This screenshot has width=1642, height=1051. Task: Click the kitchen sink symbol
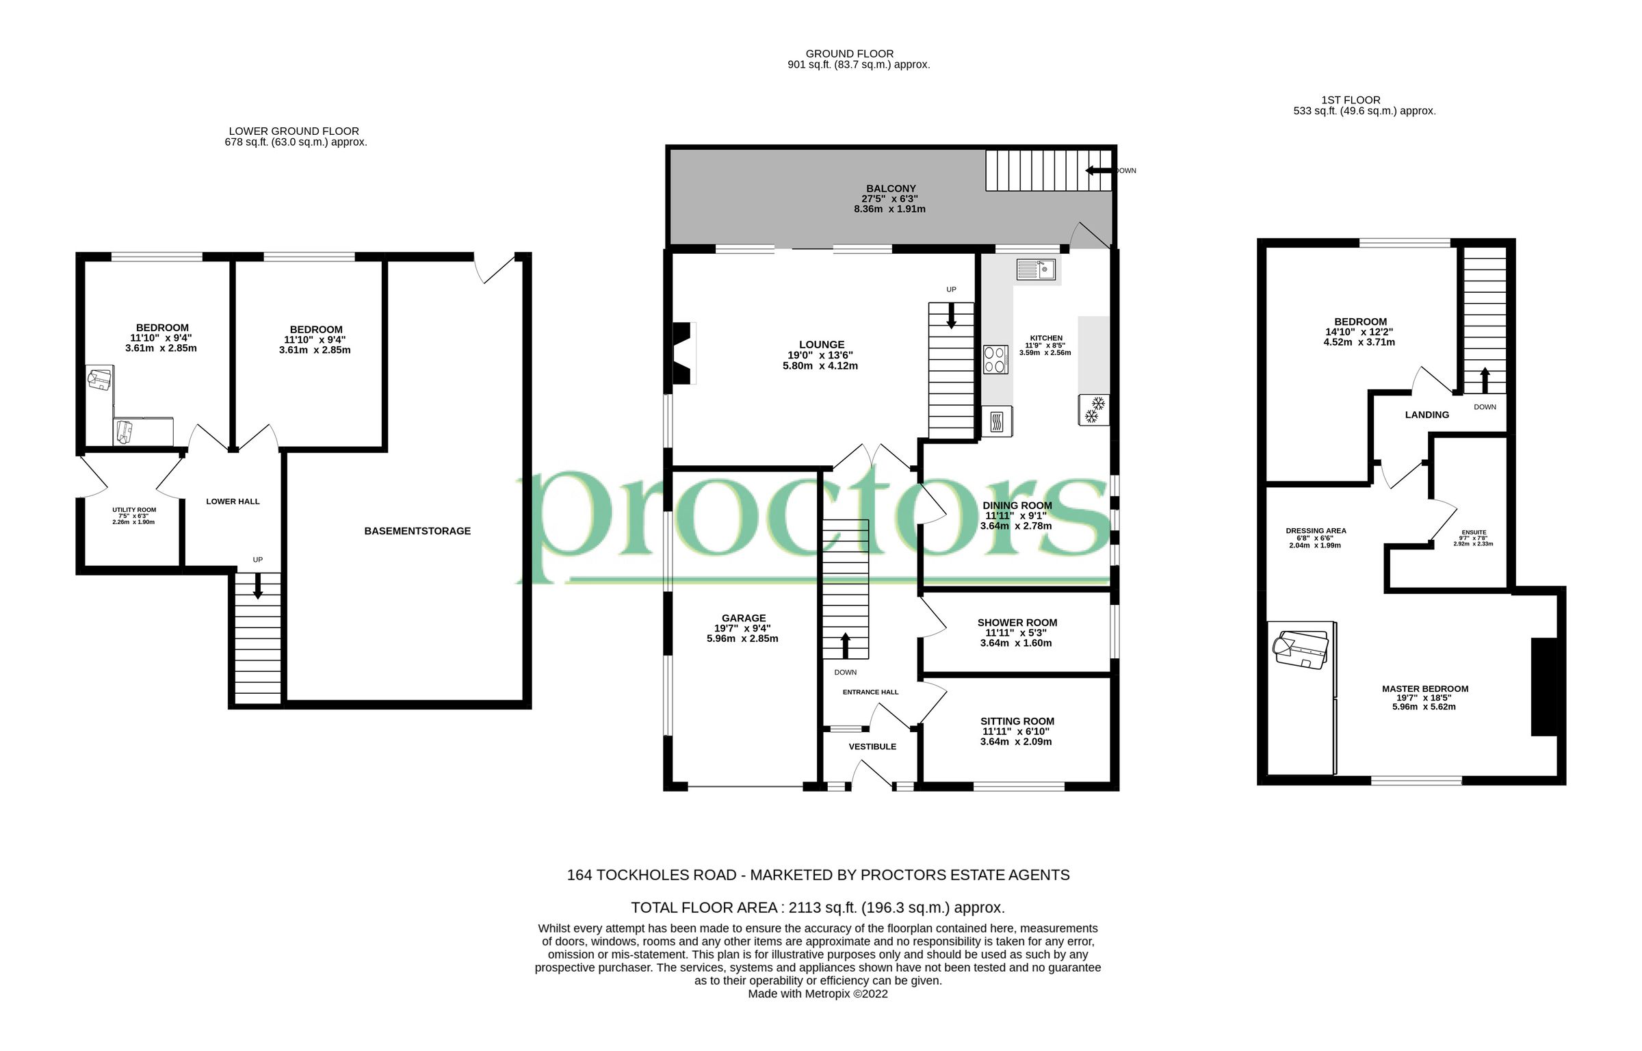[x=1035, y=270]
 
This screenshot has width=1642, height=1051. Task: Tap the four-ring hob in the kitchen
[x=995, y=360]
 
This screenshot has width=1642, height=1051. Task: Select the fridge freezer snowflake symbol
[x=1093, y=410]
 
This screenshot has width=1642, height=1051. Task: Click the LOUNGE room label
[x=821, y=345]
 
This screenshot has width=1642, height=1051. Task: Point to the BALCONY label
[x=890, y=188]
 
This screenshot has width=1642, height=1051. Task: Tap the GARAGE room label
[x=744, y=618]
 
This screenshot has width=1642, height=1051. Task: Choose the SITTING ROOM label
[x=1017, y=721]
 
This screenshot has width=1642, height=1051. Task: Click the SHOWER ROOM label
[x=1017, y=623]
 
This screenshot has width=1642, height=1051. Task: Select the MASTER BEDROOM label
[x=1424, y=689]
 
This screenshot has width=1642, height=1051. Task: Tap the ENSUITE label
[x=1474, y=532]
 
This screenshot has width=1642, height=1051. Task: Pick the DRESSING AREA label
[x=1316, y=530]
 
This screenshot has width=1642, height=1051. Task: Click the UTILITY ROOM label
[x=134, y=510]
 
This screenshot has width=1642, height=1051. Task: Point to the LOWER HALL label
[x=233, y=502]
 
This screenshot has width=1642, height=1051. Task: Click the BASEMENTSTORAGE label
[x=417, y=531]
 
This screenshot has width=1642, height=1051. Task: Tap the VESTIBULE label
[x=872, y=747]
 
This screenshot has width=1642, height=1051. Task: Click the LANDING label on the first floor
[x=1426, y=415]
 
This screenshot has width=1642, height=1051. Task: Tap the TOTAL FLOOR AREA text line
[x=818, y=908]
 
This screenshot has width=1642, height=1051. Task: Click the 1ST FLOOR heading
[x=1351, y=100]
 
